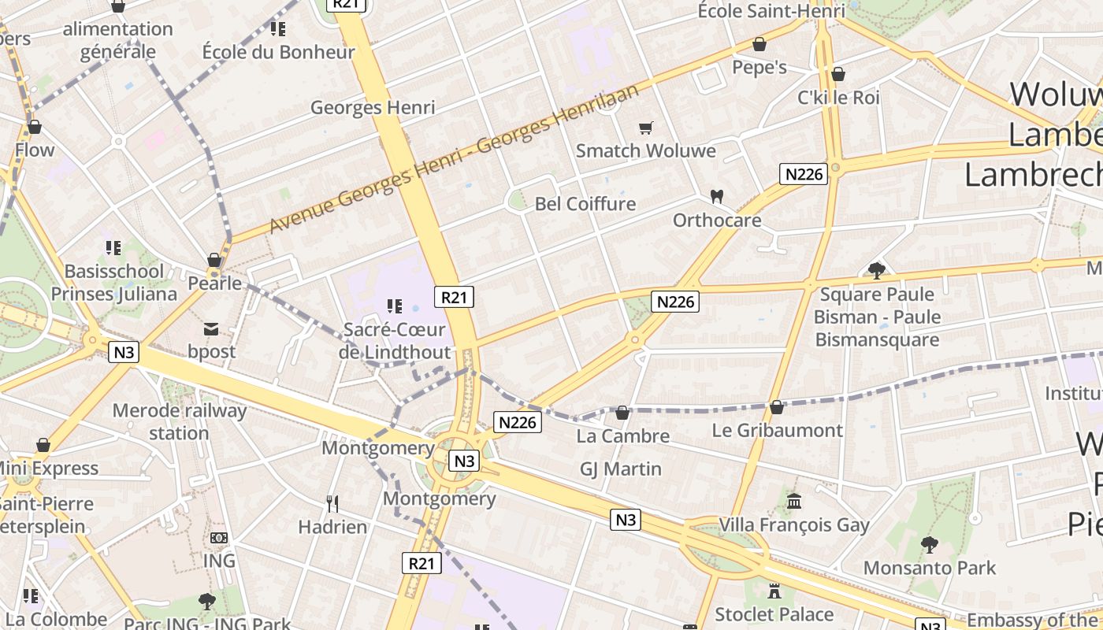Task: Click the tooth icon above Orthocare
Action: tap(717, 196)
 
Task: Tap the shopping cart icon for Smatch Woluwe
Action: tap(646, 128)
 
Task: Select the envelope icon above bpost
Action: tap(211, 328)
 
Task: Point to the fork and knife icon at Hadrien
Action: tap(332, 503)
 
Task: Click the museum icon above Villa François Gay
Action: tap(794, 502)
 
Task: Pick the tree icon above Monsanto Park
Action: tap(930, 544)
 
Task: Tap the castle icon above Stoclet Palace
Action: tap(774, 591)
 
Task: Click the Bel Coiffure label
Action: tap(585, 204)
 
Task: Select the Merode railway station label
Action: tap(180, 421)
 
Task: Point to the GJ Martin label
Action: tap(621, 469)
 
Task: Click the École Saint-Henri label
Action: tap(771, 11)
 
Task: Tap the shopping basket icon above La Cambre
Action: tap(622, 413)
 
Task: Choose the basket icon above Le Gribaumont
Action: tap(777, 407)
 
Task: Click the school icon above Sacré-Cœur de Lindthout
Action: tap(395, 306)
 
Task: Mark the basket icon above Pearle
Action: tap(214, 260)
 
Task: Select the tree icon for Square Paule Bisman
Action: tap(876, 271)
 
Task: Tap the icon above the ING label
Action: tap(219, 538)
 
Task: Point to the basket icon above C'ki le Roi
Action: tap(838, 74)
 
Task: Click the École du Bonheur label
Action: tap(279, 52)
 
